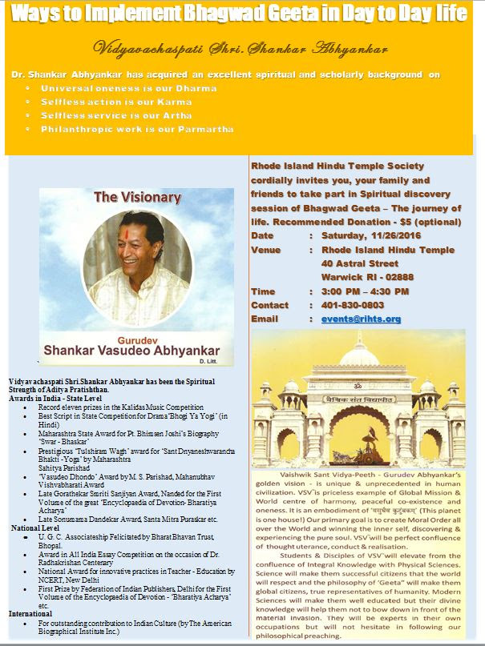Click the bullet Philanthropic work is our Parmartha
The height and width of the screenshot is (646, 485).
point(138,129)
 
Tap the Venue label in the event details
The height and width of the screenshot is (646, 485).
point(267,249)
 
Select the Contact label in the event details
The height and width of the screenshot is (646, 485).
point(270,305)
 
